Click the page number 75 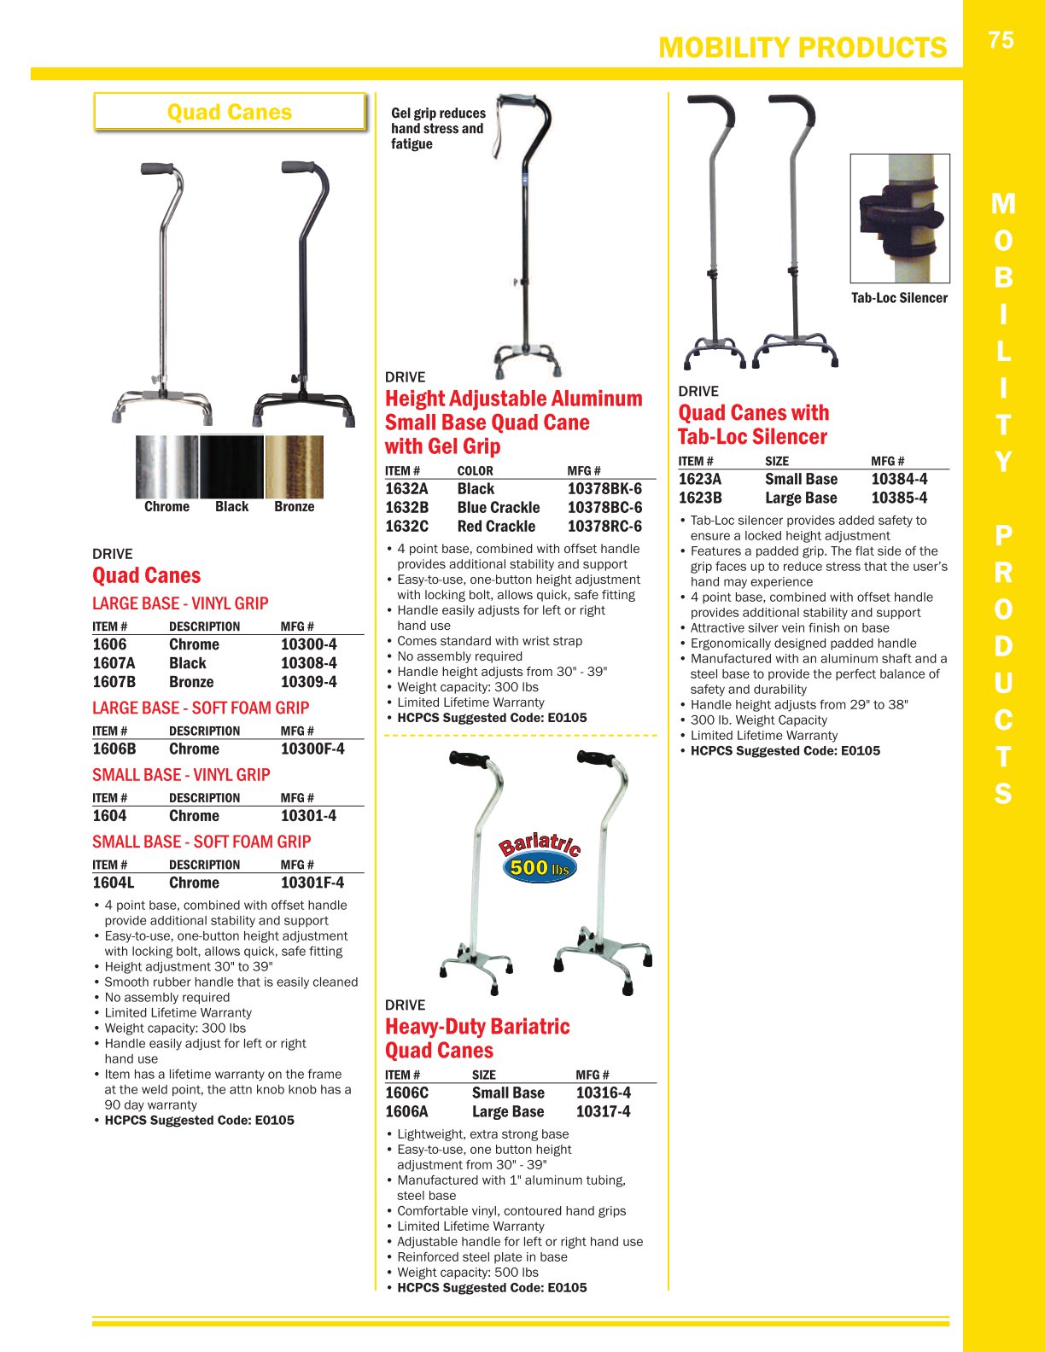point(1001,40)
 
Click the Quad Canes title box point(230,112)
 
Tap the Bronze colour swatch point(294,467)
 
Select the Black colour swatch point(231,467)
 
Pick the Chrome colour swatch point(167,467)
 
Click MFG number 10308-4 point(308,663)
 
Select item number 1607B point(114,682)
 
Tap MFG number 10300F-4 point(312,749)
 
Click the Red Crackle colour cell point(496,527)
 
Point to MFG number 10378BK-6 point(604,489)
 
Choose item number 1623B point(699,498)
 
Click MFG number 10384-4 point(899,479)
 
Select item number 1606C point(406,1093)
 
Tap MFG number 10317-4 point(603,1111)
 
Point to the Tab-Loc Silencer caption point(899,298)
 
